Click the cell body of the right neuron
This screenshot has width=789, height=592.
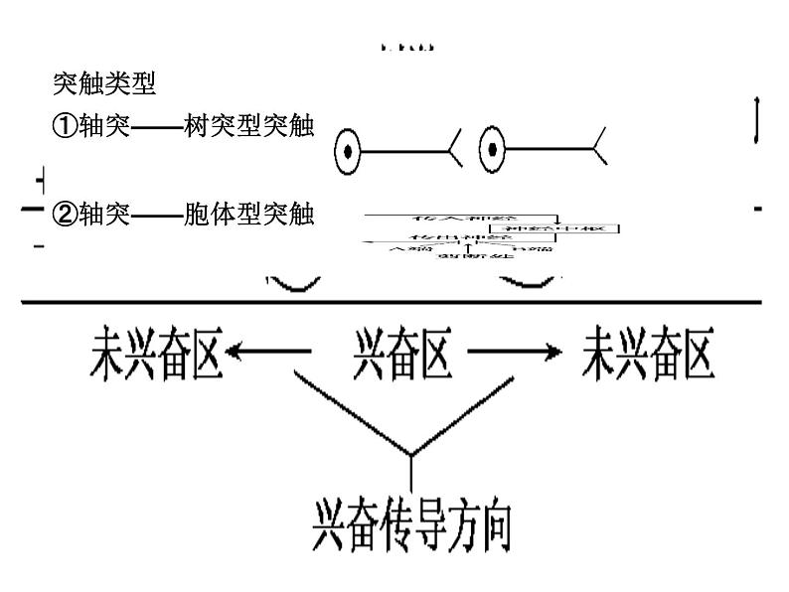tap(492, 151)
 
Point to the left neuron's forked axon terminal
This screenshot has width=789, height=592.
tap(453, 151)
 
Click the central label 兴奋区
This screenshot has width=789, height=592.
tap(401, 355)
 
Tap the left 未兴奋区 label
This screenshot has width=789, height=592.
tap(154, 355)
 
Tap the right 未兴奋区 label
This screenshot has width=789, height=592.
tap(647, 355)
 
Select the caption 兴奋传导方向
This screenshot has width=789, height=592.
tap(410, 524)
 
